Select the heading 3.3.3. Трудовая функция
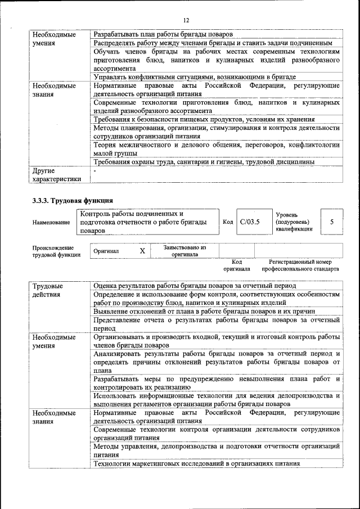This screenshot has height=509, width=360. coord(73,200)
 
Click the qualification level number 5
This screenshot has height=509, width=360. coord(332,222)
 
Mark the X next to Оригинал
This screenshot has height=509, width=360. coord(142,251)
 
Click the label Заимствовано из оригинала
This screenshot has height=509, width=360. coord(185,251)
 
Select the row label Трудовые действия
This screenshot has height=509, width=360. coord(48,290)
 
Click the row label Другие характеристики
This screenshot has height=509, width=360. coord(56,174)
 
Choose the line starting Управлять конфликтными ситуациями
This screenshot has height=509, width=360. coord(195,77)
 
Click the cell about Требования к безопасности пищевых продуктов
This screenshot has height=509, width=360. coord(204,120)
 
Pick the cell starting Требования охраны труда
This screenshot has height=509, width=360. coord(204,163)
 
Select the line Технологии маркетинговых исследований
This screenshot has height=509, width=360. coord(196,464)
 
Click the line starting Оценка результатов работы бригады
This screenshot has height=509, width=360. coord(199,286)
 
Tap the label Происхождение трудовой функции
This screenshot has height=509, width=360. coord(56,251)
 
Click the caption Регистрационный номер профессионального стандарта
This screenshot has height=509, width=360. coord(300,265)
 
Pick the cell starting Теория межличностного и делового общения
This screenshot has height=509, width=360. coord(217,148)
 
